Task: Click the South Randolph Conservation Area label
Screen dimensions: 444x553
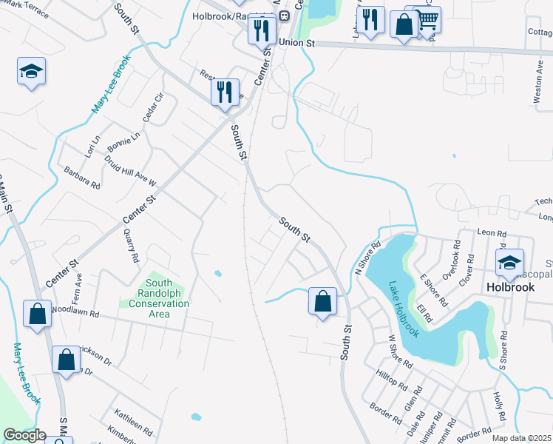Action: pos(158,298)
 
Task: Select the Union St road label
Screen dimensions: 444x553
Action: pos(297,44)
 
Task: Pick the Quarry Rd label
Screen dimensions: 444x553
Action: pos(132,249)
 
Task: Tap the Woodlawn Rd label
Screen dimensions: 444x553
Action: pos(75,310)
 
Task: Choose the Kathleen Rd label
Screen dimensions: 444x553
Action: pos(133,421)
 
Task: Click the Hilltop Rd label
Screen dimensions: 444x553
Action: pos(392,380)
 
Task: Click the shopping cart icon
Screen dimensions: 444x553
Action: pos(427,20)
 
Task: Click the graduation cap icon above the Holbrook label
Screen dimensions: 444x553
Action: pos(509,262)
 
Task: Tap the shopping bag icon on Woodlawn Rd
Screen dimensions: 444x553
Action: pos(37,314)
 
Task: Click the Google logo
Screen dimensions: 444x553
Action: pos(24,436)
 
